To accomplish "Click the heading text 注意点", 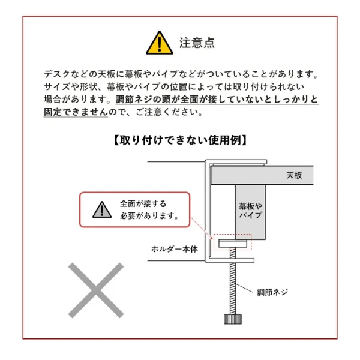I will point(197,43).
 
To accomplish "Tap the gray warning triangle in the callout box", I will point(102,209).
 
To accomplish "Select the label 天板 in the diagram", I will point(294,175).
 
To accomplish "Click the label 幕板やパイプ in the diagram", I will point(250,209).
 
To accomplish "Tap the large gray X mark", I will point(95,290).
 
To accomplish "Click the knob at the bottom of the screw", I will point(232,319).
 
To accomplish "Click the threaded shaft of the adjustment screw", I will point(232,288).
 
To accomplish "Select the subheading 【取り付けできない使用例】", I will point(179,140).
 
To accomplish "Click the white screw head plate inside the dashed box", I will point(232,242).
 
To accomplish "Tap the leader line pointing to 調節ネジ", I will point(246,289).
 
